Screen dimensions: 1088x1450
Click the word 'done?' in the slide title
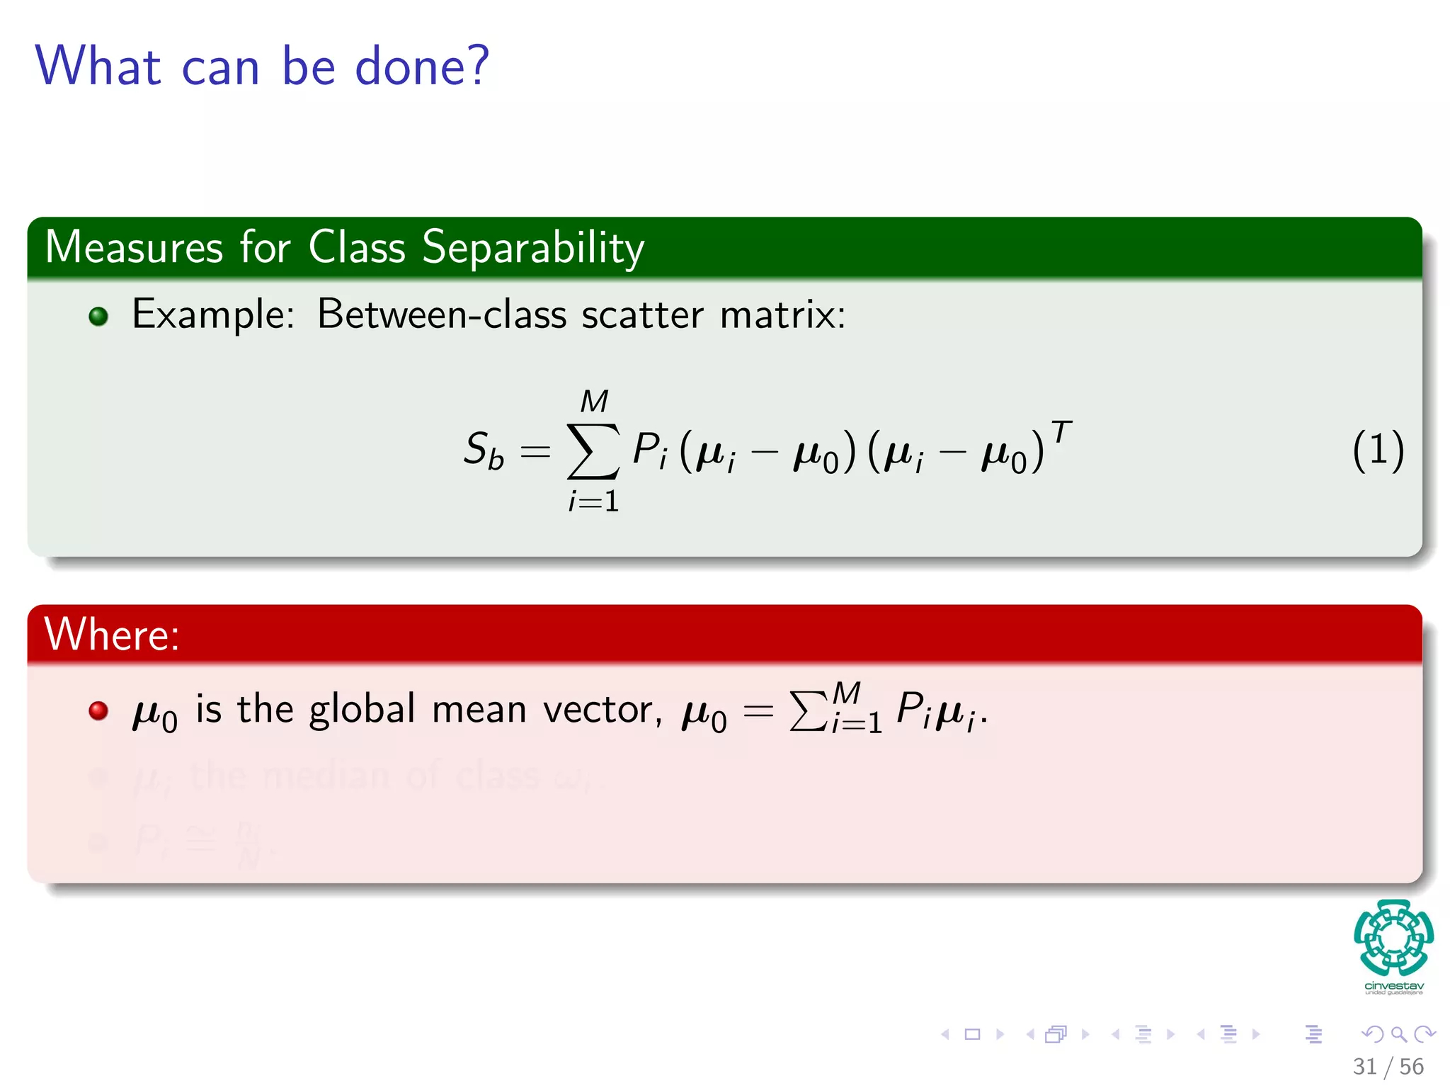pyautogui.click(x=421, y=66)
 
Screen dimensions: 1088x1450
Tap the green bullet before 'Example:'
pyautogui.click(x=98, y=316)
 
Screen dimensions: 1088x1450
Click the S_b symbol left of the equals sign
pyautogui.click(x=484, y=450)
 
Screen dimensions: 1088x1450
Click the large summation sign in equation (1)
pyautogui.click(x=593, y=451)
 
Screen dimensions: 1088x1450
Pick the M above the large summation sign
pyautogui.click(x=593, y=402)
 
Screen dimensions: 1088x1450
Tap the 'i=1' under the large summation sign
pyautogui.click(x=593, y=501)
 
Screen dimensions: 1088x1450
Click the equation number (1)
pyautogui.click(x=1378, y=450)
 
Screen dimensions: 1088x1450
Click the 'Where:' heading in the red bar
pyautogui.click(x=112, y=634)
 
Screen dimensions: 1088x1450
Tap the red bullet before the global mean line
pyautogui.click(x=98, y=710)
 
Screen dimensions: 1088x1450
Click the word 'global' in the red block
pyautogui.click(x=362, y=709)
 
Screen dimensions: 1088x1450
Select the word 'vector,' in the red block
pyautogui.click(x=603, y=709)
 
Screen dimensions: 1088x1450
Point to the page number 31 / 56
pyautogui.click(x=1388, y=1066)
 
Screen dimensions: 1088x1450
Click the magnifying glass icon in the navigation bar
pyautogui.click(x=1398, y=1034)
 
